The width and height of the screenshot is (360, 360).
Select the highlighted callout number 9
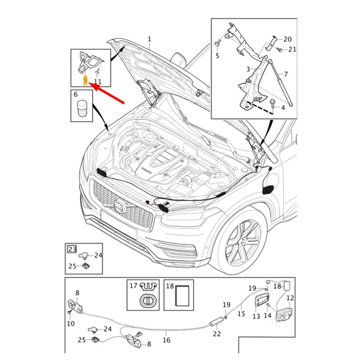coord(85,81)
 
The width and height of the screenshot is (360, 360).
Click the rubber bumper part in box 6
coord(82,110)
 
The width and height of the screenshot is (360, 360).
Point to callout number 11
coord(98,81)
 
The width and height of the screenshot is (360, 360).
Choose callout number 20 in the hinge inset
coord(288,39)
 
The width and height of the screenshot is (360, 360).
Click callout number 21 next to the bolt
coord(292,49)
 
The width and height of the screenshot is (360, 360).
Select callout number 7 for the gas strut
coord(285,74)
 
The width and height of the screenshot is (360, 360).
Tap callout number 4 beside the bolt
coord(283,108)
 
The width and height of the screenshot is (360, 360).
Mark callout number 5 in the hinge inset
coord(217,56)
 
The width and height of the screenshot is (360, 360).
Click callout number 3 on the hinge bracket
coord(247,69)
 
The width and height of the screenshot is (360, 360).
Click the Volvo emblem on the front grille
coord(119,207)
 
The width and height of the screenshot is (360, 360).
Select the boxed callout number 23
coord(72,248)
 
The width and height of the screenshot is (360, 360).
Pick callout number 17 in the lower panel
coord(133,286)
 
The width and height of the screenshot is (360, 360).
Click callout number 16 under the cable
coord(166,341)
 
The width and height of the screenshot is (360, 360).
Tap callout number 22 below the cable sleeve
coord(217,333)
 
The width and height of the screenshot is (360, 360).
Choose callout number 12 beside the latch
coord(290,297)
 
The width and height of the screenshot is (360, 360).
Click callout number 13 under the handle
coord(256,316)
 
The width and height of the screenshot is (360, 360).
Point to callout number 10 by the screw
coord(71,323)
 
